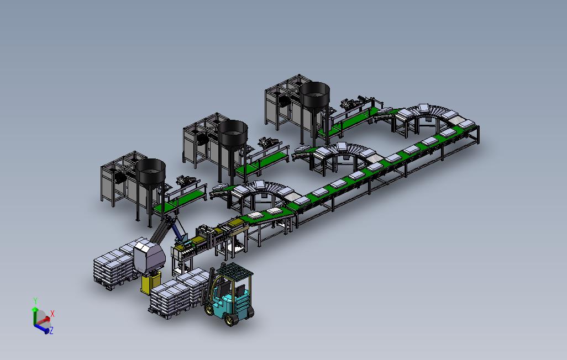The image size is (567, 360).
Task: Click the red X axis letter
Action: [x=53, y=314]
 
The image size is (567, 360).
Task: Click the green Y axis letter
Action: [x=35, y=300]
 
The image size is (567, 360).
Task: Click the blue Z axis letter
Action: [x=51, y=330]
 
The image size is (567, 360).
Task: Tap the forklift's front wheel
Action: [x=230, y=319]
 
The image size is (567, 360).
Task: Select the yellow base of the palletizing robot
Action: [x=150, y=283]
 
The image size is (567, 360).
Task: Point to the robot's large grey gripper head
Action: [x=149, y=257]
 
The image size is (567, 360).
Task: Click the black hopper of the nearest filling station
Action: [x=151, y=171]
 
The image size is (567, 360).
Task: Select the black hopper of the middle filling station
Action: [x=233, y=133]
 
